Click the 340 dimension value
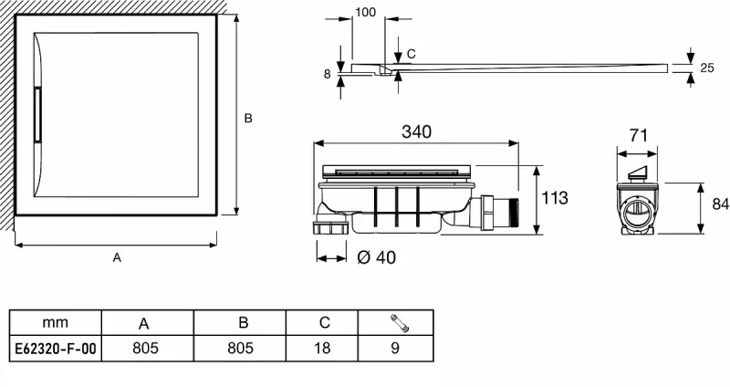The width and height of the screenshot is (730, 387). [416, 131]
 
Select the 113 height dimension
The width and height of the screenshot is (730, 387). [555, 198]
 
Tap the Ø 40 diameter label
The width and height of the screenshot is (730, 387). [377, 257]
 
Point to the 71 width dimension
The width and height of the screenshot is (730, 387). [638, 135]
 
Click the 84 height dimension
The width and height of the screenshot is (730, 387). [720, 204]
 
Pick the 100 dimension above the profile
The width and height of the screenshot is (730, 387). [366, 12]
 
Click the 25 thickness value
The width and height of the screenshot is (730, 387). [706, 68]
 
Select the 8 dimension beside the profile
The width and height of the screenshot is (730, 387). [328, 74]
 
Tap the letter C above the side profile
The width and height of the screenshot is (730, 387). [411, 55]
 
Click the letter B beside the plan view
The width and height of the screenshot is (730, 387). [248, 119]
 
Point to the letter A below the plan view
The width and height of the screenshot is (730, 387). [117, 257]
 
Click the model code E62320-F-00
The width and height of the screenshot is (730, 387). [56, 349]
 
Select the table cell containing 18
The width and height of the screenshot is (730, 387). [322, 348]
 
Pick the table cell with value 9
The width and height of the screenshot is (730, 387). [396, 348]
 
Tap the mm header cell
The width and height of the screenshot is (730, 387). [56, 322]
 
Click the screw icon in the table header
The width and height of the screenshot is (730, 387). [399, 323]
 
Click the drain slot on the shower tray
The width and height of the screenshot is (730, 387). [37, 115]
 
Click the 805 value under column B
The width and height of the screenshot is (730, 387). [240, 348]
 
